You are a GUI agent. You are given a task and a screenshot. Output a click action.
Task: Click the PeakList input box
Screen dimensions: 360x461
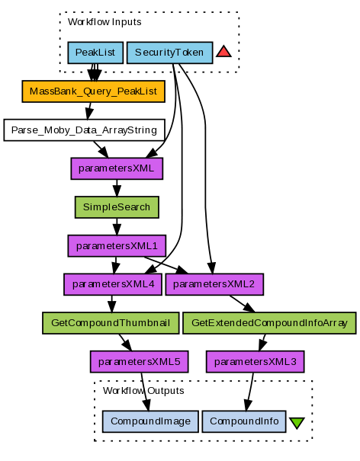(x=95, y=53)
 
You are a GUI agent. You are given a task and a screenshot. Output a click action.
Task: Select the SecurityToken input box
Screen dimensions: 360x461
(x=169, y=53)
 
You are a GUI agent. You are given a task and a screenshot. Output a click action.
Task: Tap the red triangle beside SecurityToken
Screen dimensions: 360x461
(x=223, y=52)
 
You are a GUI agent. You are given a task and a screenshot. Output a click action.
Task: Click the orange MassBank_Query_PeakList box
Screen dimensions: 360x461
(x=93, y=91)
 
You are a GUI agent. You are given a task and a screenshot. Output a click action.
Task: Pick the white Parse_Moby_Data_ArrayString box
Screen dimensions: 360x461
(x=84, y=130)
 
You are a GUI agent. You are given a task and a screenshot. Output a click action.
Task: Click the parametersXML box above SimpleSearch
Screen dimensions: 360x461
(x=117, y=168)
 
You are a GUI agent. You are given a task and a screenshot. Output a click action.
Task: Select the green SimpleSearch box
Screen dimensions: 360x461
(x=117, y=207)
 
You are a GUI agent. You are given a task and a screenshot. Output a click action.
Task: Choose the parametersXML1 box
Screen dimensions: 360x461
(x=117, y=246)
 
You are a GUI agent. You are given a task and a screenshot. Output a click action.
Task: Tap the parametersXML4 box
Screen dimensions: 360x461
(x=113, y=284)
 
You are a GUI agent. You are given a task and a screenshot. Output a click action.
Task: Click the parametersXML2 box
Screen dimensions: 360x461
(x=214, y=284)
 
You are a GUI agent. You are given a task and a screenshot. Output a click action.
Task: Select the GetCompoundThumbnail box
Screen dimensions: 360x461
(x=111, y=323)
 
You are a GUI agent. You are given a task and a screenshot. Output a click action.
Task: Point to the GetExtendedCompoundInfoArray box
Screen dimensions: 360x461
(x=269, y=323)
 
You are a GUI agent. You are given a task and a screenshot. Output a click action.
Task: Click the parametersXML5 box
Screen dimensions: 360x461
(x=140, y=362)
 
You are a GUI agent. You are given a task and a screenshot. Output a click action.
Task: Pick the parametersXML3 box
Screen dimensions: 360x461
(x=256, y=362)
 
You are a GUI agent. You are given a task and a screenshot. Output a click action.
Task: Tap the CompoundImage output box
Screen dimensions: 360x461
(x=150, y=421)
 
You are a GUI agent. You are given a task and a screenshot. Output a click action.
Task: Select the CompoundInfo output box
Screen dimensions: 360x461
(x=244, y=421)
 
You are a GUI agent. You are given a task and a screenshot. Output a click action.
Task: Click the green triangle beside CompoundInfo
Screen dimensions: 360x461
(x=297, y=422)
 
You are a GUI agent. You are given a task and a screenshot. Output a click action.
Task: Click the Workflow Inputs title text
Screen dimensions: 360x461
(x=104, y=22)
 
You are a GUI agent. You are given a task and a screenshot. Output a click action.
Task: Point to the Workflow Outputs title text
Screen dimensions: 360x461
(x=143, y=391)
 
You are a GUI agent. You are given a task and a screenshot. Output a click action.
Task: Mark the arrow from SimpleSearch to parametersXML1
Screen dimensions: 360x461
(x=117, y=226)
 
